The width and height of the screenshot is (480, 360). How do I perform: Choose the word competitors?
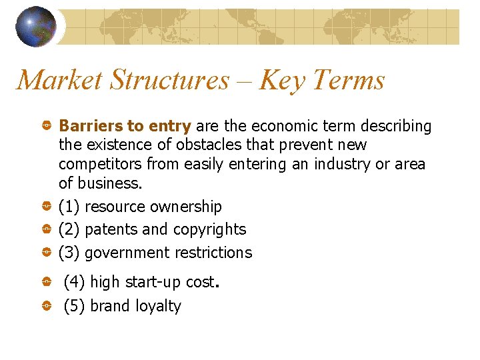tap(100, 164)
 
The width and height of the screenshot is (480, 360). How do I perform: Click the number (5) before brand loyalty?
tap(74, 306)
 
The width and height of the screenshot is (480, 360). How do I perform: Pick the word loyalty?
tap(158, 307)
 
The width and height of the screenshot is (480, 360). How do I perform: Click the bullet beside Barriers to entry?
tap(48, 126)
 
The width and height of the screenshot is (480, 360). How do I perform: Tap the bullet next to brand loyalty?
tap(48, 306)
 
